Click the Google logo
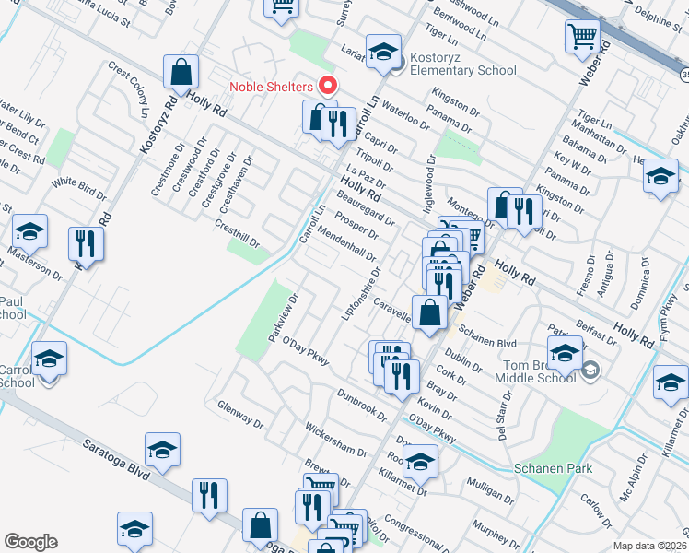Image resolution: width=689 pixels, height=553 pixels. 30,542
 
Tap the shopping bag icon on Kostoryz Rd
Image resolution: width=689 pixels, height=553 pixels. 181,71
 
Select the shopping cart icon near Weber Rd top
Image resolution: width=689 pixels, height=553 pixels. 582,37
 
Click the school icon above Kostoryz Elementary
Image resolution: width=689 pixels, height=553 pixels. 382,52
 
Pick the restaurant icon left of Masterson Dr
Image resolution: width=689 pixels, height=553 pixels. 85,244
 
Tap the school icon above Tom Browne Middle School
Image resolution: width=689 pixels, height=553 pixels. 565,352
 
